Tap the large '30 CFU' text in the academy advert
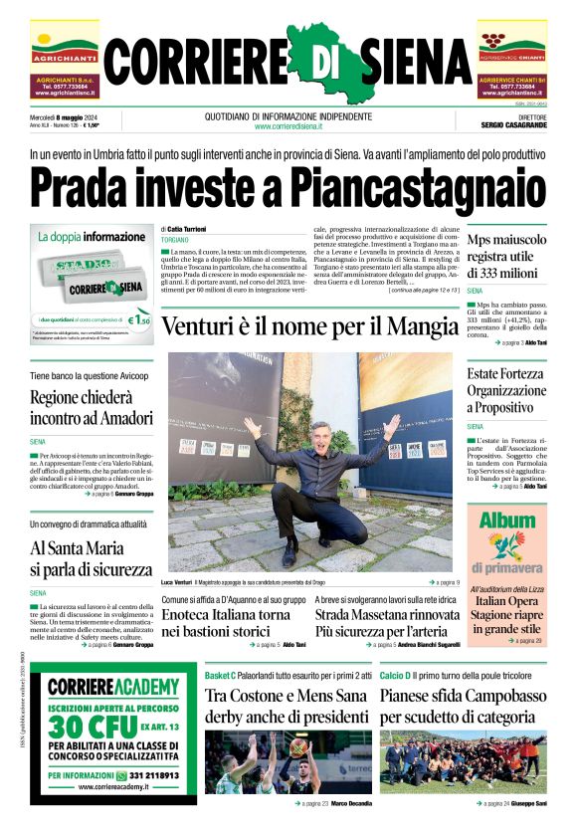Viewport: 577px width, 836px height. click(93, 724)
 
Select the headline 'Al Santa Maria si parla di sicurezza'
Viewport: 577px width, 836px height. click(91, 558)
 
